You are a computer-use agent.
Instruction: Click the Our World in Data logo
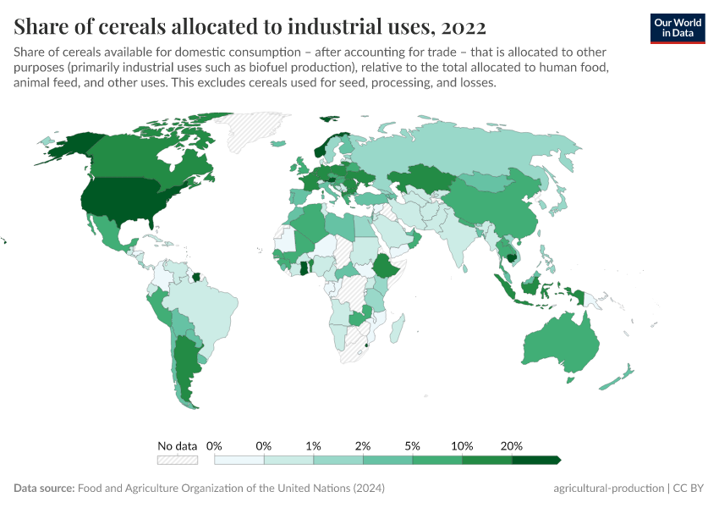click(677, 27)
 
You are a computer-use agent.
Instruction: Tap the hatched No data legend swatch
click(177, 460)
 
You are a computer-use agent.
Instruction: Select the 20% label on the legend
click(512, 445)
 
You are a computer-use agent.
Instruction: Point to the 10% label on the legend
click(462, 445)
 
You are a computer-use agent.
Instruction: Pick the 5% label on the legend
click(413, 445)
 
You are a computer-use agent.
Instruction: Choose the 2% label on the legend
click(363, 445)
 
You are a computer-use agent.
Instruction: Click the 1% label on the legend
click(313, 445)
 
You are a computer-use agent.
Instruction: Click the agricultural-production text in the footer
click(607, 489)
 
